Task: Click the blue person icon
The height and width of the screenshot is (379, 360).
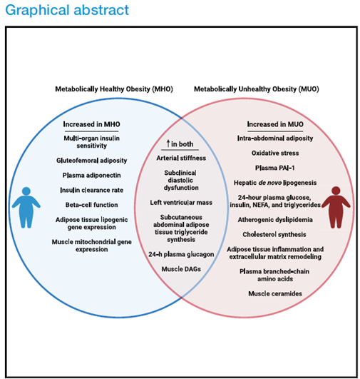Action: (26, 208)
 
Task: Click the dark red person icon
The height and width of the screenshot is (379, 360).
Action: (336, 208)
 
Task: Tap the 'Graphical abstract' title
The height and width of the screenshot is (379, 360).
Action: (67, 10)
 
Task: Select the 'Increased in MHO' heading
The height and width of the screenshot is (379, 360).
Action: (91, 124)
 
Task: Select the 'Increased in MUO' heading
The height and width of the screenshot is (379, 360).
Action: (275, 124)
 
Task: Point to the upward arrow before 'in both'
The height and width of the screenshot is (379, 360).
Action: (168, 143)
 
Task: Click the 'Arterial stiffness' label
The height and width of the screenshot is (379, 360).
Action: (181, 158)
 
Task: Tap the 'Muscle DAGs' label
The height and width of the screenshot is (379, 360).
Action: (181, 269)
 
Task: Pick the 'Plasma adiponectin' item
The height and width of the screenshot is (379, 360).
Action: (91, 176)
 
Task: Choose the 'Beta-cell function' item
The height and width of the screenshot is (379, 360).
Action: (91, 205)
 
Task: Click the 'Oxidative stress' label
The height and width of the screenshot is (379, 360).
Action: (275, 153)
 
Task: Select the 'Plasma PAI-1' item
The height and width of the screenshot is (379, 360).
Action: (275, 168)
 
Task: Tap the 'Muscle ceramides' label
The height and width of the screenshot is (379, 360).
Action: (275, 293)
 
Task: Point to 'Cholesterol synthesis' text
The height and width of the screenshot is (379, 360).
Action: (274, 234)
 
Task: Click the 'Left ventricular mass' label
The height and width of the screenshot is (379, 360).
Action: (181, 202)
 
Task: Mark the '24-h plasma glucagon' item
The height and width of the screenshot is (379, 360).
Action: (181, 254)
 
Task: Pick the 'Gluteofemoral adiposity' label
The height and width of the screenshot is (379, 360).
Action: (91, 161)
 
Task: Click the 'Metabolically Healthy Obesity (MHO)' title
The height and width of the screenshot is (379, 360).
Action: (114, 89)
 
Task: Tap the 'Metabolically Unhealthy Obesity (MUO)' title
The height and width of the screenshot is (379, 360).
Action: (257, 89)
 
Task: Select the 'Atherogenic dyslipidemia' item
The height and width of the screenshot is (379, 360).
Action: (275, 220)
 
